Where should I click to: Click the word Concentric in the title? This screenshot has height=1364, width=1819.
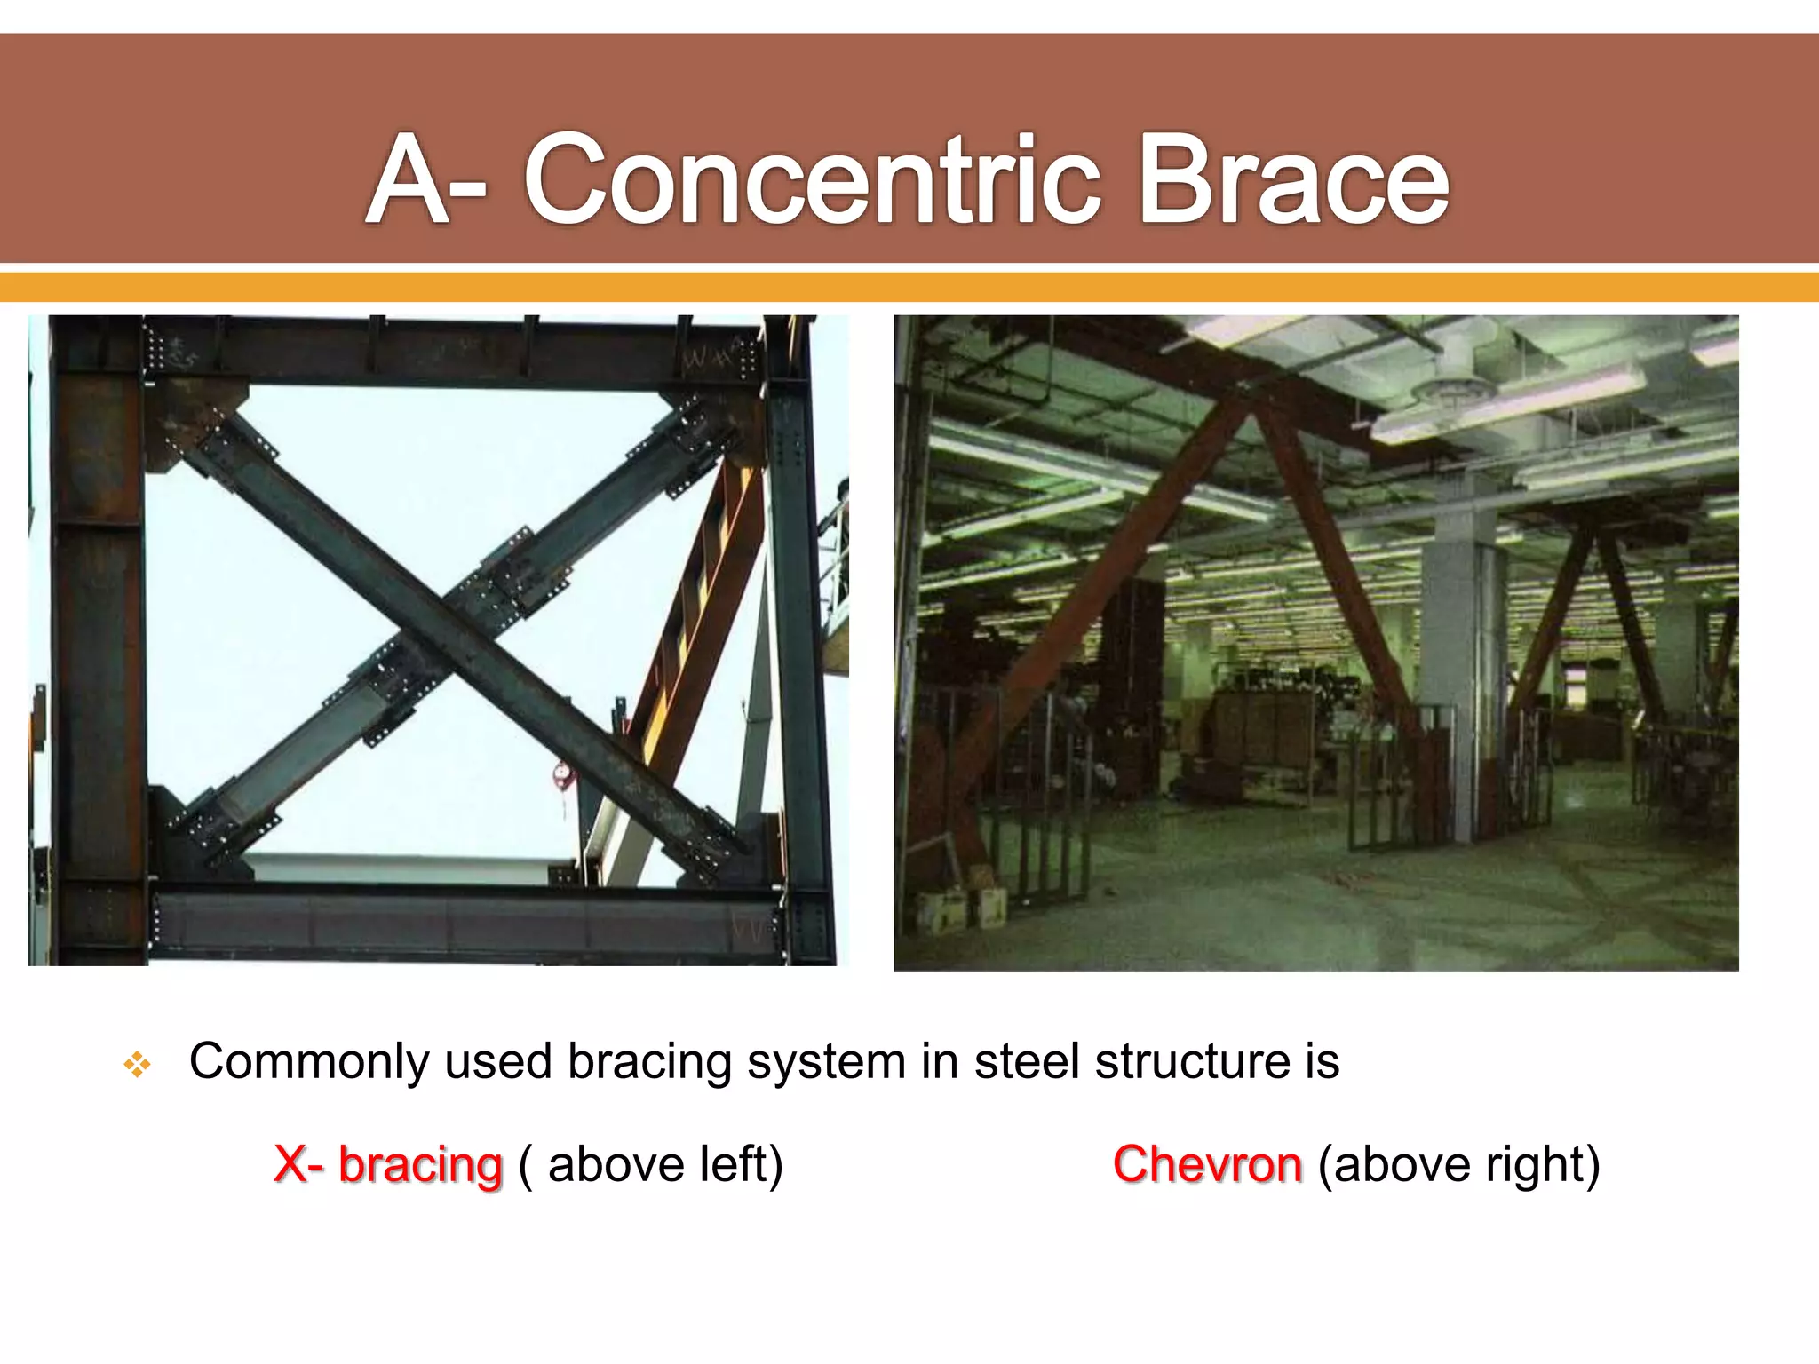coord(813,180)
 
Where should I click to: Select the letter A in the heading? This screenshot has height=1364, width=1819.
coord(408,180)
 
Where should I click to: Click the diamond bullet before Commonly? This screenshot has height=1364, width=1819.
coord(138,1063)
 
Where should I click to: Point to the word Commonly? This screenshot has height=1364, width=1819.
coord(308,1061)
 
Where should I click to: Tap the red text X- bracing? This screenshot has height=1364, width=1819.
coord(388,1164)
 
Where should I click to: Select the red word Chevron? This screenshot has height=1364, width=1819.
coord(1207,1164)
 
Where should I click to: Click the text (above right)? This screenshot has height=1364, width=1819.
coord(1458,1164)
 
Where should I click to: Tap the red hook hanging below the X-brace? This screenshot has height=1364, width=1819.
coord(564,778)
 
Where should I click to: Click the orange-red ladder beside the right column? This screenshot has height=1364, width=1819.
coord(702,613)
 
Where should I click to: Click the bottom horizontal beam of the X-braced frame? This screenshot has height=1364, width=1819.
coord(462,924)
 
